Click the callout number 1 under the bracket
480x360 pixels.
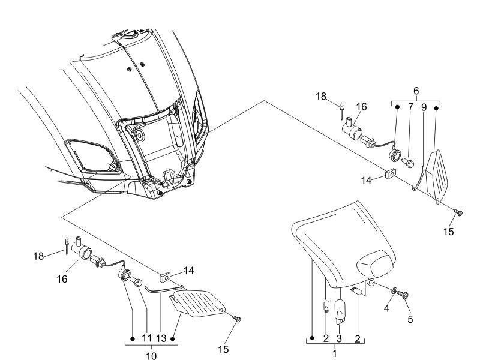[334, 355]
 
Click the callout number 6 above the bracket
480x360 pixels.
[415, 91]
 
